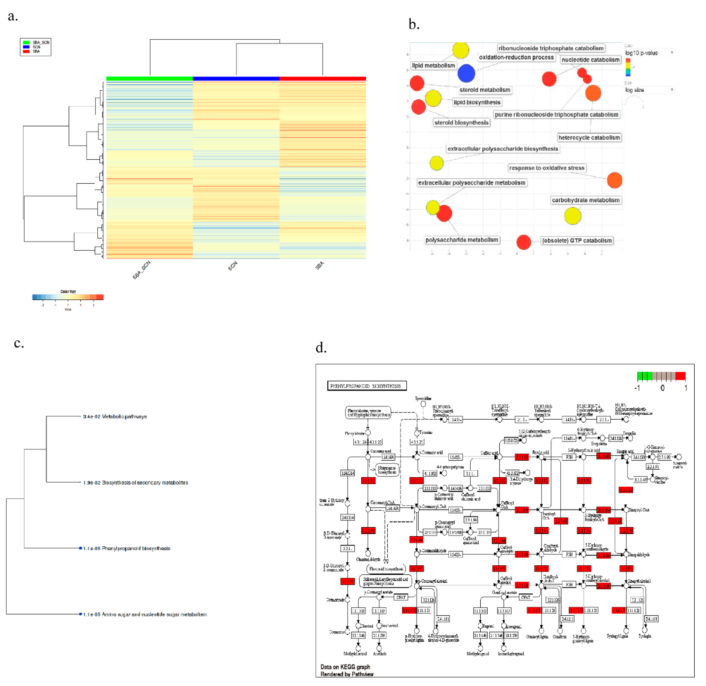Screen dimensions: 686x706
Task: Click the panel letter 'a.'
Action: [x=13, y=17]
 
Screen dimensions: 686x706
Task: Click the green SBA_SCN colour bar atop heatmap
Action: [x=150, y=79]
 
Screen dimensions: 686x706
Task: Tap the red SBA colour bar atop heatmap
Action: [x=322, y=79]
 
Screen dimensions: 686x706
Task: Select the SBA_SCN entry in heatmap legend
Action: [x=40, y=43]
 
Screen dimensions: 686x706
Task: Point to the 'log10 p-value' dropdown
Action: [x=648, y=53]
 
